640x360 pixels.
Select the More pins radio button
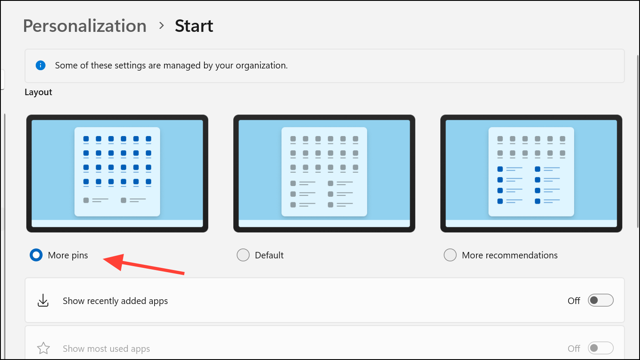click(36, 255)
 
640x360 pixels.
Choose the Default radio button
click(243, 255)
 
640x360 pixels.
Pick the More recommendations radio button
click(450, 255)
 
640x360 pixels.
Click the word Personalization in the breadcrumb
click(85, 26)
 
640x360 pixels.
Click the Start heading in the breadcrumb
click(194, 26)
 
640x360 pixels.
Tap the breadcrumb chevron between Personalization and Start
click(161, 25)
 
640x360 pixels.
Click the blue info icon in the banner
click(40, 65)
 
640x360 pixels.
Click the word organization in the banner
click(261, 65)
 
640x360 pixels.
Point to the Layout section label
click(38, 92)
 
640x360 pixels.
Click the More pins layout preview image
click(117, 174)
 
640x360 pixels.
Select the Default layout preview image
click(324, 174)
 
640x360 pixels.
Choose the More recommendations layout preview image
click(531, 174)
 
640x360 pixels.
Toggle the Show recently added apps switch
click(600, 300)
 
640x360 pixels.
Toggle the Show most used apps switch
click(600, 348)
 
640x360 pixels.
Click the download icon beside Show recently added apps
click(43, 301)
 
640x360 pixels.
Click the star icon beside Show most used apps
click(43, 348)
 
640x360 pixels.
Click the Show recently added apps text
click(115, 301)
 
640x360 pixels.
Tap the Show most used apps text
click(106, 348)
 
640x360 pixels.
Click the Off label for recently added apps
click(574, 301)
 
